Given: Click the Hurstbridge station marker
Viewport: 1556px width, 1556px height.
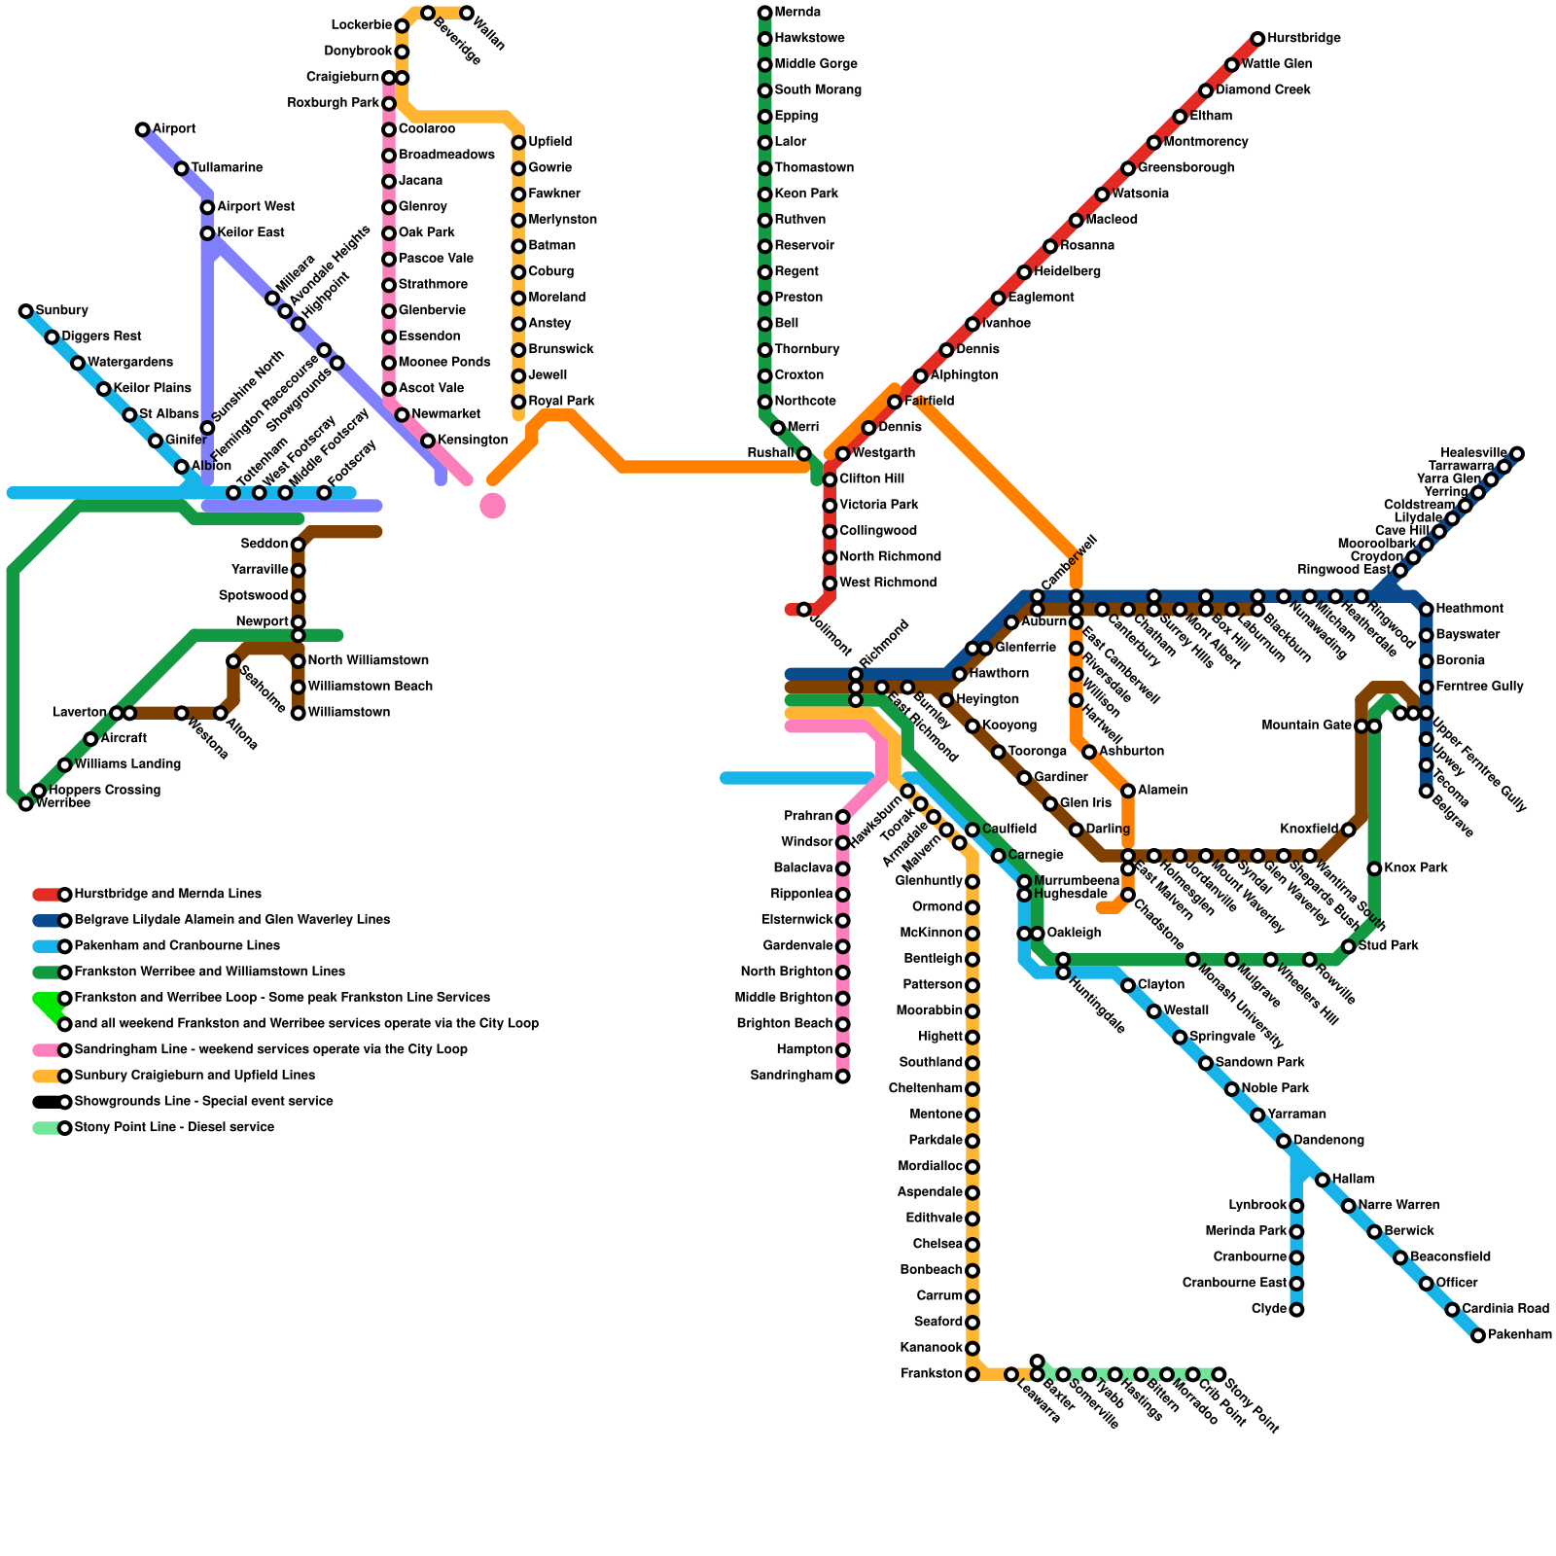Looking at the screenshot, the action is tap(1257, 39).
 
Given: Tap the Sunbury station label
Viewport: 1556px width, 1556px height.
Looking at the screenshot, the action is tap(62, 311).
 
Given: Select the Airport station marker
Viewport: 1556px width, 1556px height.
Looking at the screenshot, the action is tap(143, 129).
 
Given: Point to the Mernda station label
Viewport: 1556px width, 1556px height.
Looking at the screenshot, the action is tap(797, 13).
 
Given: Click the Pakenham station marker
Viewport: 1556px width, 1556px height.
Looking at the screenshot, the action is tap(1478, 1335).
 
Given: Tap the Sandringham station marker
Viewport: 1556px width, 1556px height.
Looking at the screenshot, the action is tap(843, 1076).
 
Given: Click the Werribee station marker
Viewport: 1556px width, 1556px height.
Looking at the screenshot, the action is tap(26, 803).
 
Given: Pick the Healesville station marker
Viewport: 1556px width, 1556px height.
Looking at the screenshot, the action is tap(1517, 453).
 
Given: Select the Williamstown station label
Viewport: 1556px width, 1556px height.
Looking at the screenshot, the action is tap(349, 713).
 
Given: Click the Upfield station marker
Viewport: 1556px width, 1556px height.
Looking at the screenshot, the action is tap(518, 143).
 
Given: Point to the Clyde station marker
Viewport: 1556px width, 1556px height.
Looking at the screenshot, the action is tap(1296, 1310).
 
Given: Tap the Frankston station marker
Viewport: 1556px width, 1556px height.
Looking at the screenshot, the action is tap(972, 1374).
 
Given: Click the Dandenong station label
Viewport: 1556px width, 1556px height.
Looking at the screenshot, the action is tap(1328, 1141).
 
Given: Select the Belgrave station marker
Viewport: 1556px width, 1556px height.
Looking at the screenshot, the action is tap(1426, 791).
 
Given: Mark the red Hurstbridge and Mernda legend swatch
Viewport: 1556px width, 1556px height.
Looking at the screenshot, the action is tap(47, 895).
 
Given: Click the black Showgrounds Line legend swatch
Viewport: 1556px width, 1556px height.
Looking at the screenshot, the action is tap(47, 1102).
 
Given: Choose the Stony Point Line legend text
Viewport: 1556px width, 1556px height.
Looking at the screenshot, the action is tap(174, 1128).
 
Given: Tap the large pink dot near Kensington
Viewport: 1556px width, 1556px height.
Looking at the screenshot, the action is tap(493, 506).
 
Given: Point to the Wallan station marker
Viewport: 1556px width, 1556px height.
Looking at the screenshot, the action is tap(467, 14).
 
